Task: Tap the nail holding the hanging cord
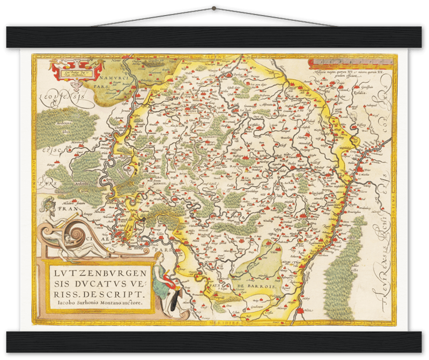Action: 214,7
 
